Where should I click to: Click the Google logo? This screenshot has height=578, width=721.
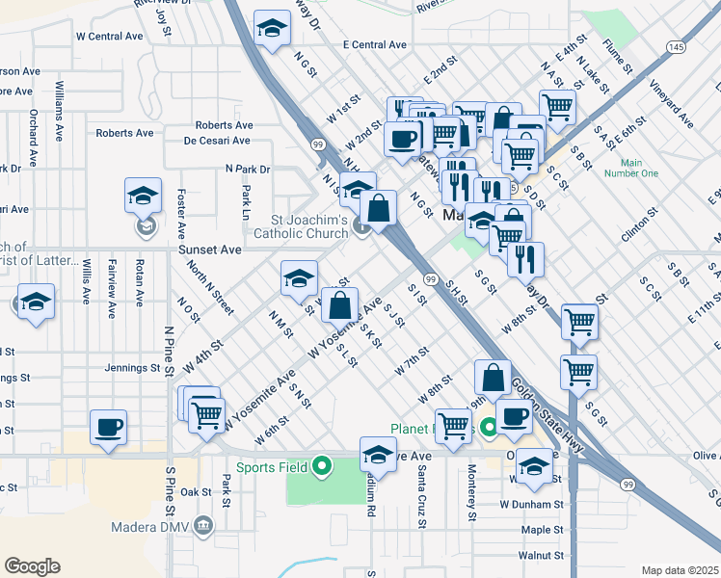pos(32,566)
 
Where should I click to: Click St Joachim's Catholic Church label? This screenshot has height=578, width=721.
pos(302,226)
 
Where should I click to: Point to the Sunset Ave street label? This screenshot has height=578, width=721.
pos(209,250)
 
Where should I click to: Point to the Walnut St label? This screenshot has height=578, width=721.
pos(540,556)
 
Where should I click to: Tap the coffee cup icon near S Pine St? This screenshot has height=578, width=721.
pos(108,427)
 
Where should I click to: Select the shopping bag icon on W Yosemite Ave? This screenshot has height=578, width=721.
pos(338,305)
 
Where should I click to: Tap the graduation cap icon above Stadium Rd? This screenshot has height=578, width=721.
pos(378,456)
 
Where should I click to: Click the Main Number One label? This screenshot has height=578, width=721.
pos(631,168)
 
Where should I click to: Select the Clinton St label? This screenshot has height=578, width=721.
pos(639,224)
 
